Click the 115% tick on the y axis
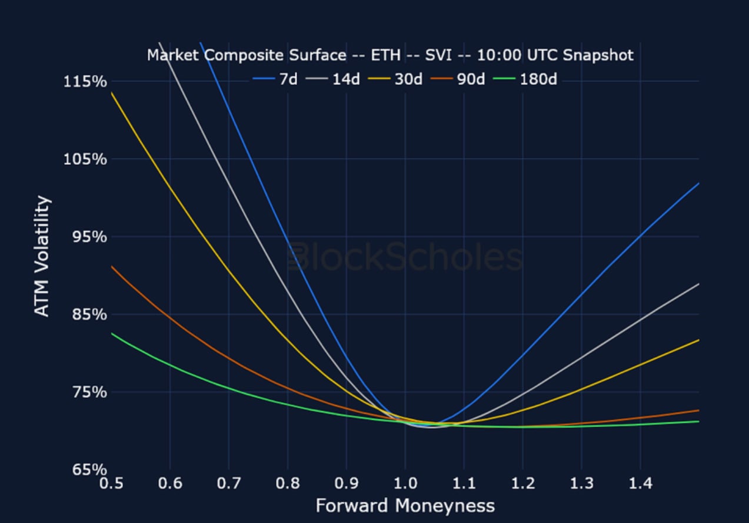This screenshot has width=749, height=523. (85, 81)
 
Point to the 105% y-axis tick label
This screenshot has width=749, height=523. (85, 159)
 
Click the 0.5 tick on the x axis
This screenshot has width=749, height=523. (111, 484)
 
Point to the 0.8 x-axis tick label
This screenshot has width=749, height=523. (288, 484)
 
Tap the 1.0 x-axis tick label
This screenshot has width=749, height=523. (405, 484)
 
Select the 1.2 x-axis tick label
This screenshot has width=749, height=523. (523, 484)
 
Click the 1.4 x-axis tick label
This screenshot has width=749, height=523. (641, 484)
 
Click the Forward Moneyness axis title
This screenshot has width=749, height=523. (405, 505)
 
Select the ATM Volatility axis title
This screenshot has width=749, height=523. (42, 256)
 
